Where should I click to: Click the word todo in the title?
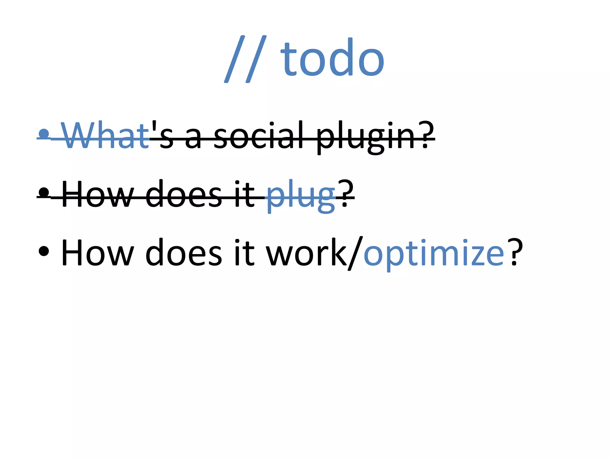[332, 58]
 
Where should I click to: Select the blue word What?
[105, 136]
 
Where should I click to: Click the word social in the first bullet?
[259, 136]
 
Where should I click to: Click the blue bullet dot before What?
[44, 134]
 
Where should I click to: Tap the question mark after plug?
[345, 194]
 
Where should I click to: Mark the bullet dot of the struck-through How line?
[44, 192]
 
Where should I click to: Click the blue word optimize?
[434, 253]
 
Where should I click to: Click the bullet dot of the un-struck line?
[44, 251]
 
